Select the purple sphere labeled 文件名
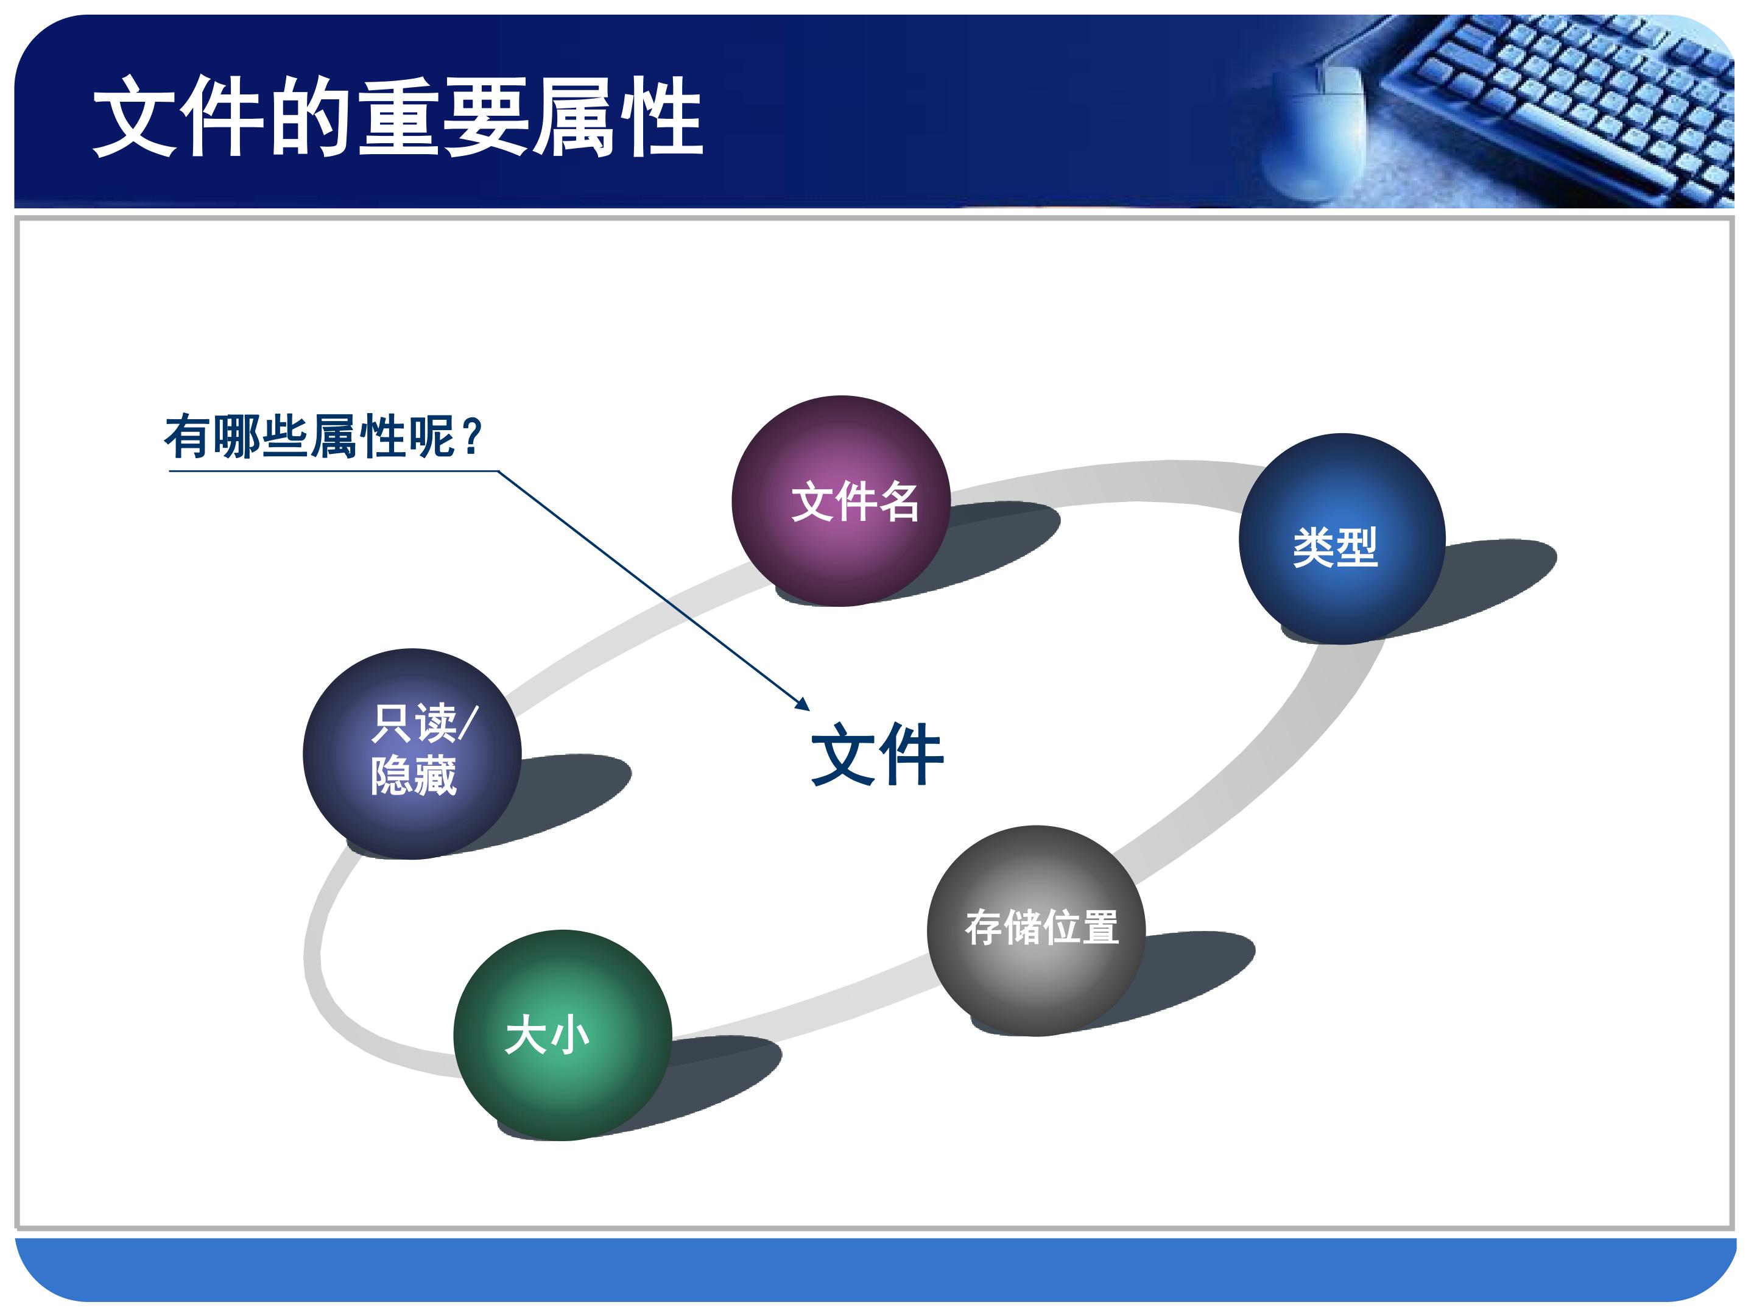[840, 501]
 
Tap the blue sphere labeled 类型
[1342, 539]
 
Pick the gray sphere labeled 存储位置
[1035, 930]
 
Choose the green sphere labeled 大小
[563, 1035]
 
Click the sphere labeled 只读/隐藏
[412, 754]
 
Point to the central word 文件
[877, 754]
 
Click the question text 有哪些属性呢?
[323, 436]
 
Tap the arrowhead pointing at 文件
[803, 704]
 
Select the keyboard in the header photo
[1554, 103]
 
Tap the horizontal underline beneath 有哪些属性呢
[333, 471]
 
